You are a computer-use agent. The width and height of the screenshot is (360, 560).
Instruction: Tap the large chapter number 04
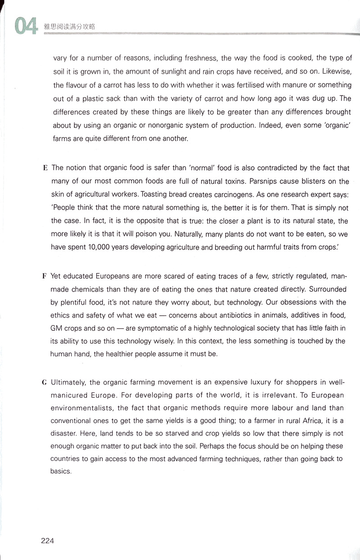25,27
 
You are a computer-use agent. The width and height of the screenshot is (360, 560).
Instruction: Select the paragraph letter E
45,168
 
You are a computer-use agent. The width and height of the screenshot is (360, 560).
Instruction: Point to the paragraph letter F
45,276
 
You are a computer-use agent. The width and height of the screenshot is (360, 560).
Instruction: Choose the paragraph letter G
45,382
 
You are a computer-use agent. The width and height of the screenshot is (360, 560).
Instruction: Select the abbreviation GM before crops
56,328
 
